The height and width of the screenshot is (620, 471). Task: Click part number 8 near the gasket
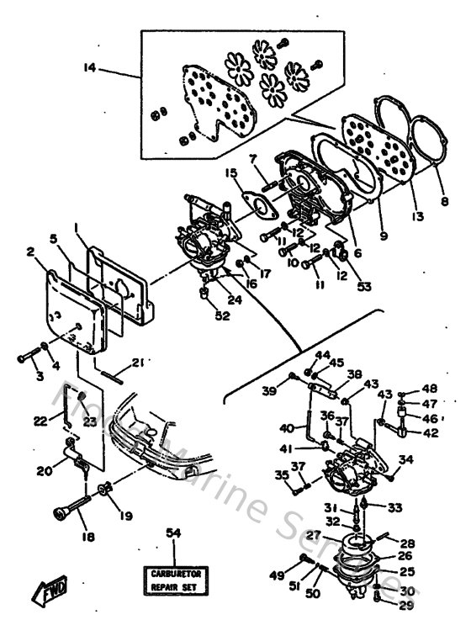445,203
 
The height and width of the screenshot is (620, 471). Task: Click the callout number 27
313,535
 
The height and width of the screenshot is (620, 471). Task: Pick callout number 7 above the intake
251,159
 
